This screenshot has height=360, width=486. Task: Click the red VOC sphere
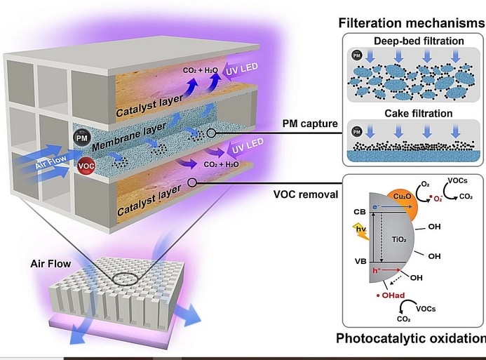[x=86, y=166]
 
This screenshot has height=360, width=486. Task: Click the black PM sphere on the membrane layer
[x=82, y=138]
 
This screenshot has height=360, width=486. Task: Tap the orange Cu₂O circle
[x=403, y=205]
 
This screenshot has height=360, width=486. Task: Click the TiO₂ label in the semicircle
[x=399, y=239]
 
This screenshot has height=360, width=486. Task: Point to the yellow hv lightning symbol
[x=361, y=231]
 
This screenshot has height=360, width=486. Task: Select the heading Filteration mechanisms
[x=412, y=23]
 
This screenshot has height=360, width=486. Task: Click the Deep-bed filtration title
[x=419, y=41]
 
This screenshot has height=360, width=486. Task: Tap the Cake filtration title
[x=419, y=113]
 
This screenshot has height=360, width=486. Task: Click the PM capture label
[x=310, y=124]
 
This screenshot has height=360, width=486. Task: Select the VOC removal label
[x=306, y=194]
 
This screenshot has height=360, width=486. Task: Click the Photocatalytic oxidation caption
[x=411, y=338]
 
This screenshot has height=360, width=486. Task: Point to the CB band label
[x=360, y=212]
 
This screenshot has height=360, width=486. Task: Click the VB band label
[x=360, y=261]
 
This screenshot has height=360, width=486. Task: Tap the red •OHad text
[x=391, y=295]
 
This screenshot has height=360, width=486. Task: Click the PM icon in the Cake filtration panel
[x=357, y=132]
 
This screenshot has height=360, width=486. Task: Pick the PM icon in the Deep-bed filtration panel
[x=357, y=55]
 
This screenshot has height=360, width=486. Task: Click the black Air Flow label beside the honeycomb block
[x=50, y=264]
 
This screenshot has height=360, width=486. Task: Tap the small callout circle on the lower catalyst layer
[x=192, y=182]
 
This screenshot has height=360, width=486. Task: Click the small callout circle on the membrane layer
[x=211, y=133]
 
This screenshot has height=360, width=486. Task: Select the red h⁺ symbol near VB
[x=377, y=270]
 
